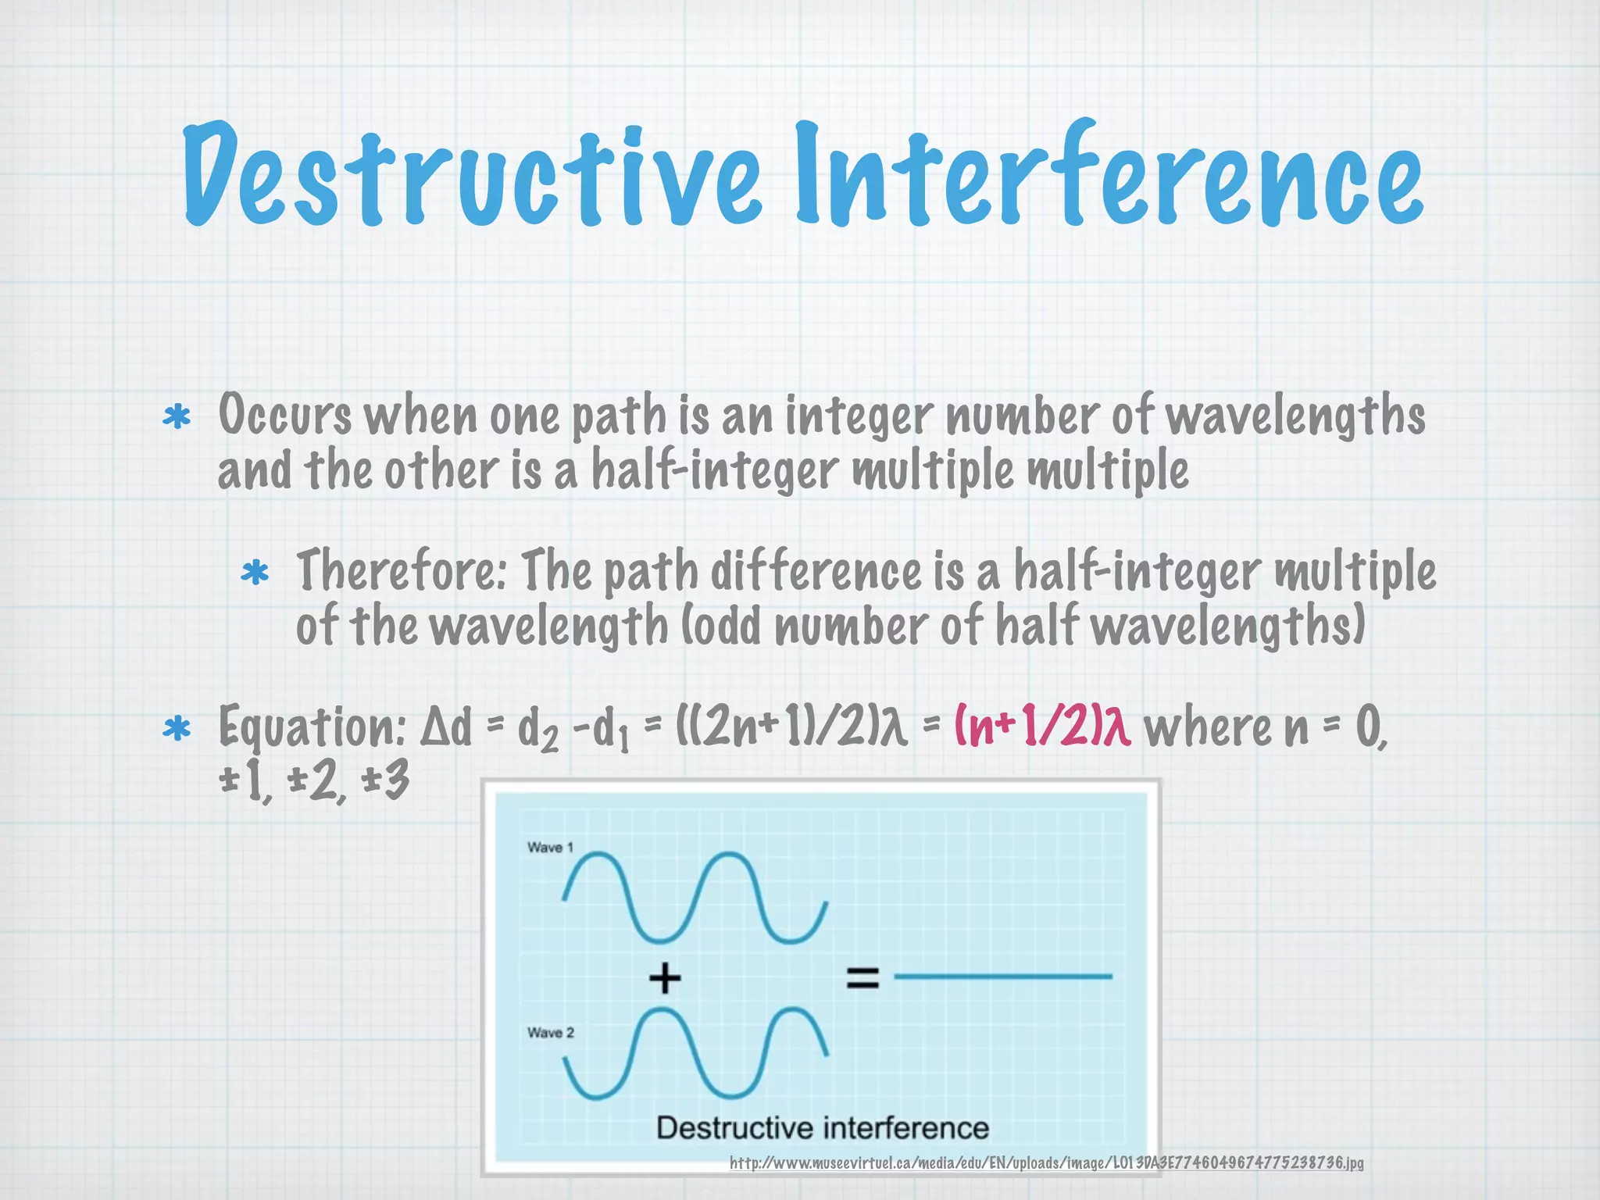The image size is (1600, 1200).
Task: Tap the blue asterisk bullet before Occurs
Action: [177, 417]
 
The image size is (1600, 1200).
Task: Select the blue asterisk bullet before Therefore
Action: [255, 574]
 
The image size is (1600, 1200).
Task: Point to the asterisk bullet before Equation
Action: [177, 729]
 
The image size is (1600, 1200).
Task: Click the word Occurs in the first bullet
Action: [284, 416]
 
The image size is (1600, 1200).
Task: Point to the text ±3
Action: [386, 781]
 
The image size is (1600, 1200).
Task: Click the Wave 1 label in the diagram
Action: [550, 848]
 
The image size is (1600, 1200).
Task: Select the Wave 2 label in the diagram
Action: [550, 1033]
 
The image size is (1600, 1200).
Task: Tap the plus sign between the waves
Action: [665, 977]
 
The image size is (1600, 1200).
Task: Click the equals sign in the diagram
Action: [862, 977]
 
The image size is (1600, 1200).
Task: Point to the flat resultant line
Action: [1002, 977]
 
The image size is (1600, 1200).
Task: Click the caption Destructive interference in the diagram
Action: [822, 1128]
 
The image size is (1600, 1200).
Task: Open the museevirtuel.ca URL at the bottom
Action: [1046, 1163]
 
